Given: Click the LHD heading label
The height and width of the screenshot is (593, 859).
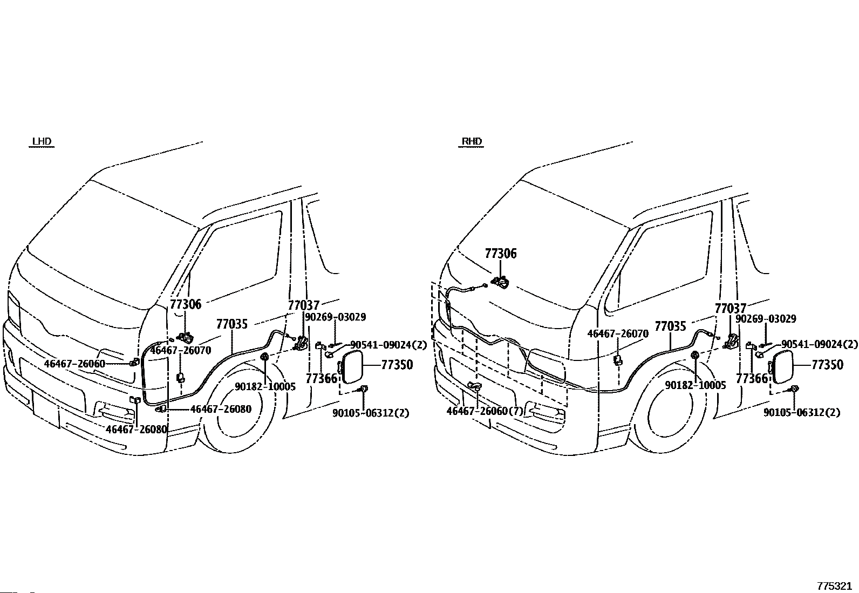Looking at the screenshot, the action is point(42,141).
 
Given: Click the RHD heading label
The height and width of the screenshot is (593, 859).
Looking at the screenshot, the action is point(471,141).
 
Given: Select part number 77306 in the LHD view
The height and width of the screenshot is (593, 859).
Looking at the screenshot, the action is point(186,304).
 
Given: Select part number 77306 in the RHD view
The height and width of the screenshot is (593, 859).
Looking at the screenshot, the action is point(500,254).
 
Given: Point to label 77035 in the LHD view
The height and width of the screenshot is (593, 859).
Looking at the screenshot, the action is point(232,324).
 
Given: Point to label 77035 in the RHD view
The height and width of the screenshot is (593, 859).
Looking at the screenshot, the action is point(670,326).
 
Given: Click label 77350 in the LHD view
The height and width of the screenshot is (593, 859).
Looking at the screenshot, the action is point(397,364).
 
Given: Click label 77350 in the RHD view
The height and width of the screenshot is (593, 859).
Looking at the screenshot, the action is point(827,364).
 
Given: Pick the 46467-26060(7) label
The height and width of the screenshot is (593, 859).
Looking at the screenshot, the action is point(485,411).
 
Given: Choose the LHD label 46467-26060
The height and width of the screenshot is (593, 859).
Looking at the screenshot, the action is point(74,364).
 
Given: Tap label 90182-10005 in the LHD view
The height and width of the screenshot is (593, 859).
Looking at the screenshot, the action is point(265,386).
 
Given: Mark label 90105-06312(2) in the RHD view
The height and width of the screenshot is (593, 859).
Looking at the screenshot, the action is point(801,412).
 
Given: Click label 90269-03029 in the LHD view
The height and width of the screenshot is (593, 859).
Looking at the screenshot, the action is point(336,317).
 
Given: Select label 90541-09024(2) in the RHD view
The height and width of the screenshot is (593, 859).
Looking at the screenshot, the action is point(820,344).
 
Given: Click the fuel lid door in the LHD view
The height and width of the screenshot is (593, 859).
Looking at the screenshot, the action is point(352,367).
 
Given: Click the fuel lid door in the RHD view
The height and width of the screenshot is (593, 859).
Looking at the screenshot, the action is point(782,367).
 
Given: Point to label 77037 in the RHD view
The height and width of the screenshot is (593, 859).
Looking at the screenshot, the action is point(731,309).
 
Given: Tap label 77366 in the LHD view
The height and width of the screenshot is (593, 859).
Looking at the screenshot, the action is point(322,379).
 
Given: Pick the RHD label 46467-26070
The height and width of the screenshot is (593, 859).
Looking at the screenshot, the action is point(618,333).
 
